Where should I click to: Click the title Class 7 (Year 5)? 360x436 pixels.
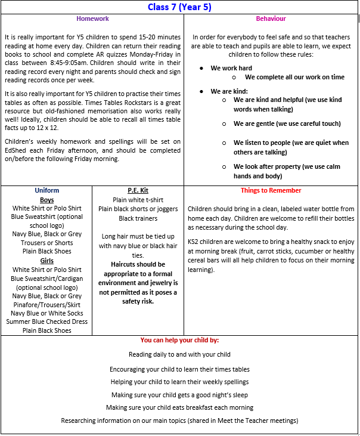[179, 7]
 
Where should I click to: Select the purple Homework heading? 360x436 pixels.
[92, 18]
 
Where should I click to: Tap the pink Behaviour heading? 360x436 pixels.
[271, 18]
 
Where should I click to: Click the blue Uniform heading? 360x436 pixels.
[46, 191]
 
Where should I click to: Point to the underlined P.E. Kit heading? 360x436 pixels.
[138, 191]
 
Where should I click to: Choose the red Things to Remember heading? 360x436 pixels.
[271, 191]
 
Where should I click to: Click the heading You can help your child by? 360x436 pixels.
[179, 340]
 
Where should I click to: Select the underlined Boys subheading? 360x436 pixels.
[46, 200]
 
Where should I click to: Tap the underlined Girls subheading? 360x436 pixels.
[46, 261]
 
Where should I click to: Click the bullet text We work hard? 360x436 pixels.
[231, 68]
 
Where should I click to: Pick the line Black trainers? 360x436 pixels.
[138, 219]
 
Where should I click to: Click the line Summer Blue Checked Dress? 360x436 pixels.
[46, 322]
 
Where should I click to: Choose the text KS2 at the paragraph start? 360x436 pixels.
[194, 243]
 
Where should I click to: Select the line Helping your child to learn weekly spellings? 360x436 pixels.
[179, 382]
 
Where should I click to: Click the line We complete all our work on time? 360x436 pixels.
[294, 78]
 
